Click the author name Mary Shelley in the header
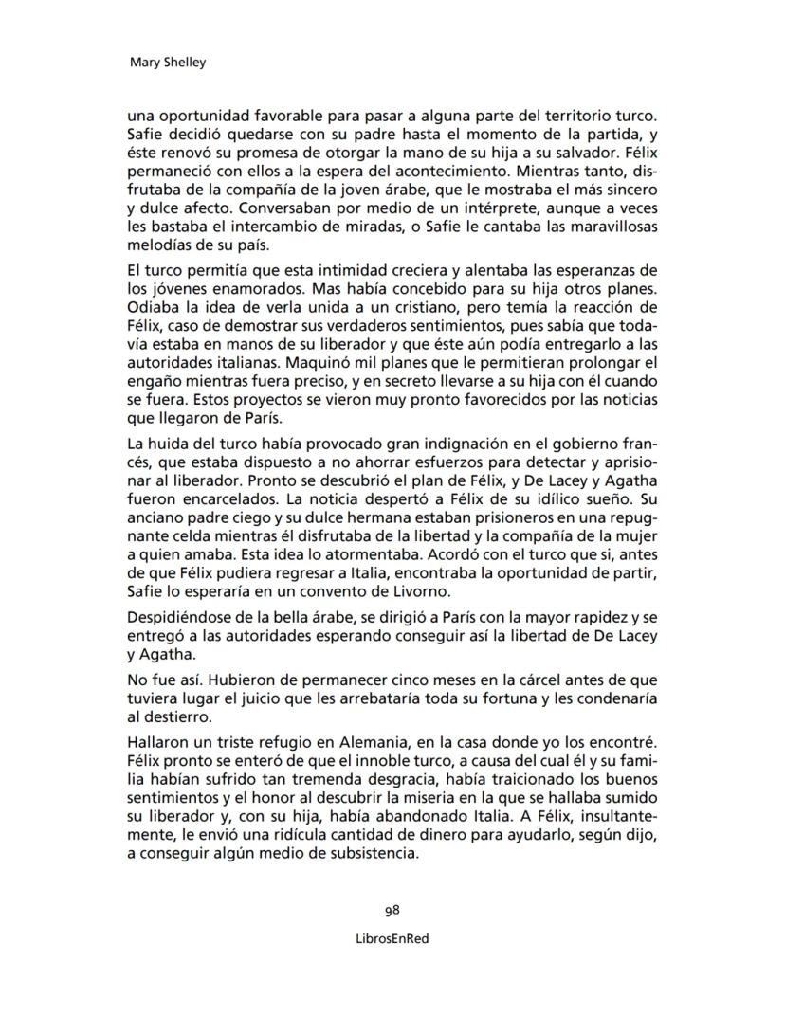coord(167,63)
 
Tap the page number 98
coord(392,911)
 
